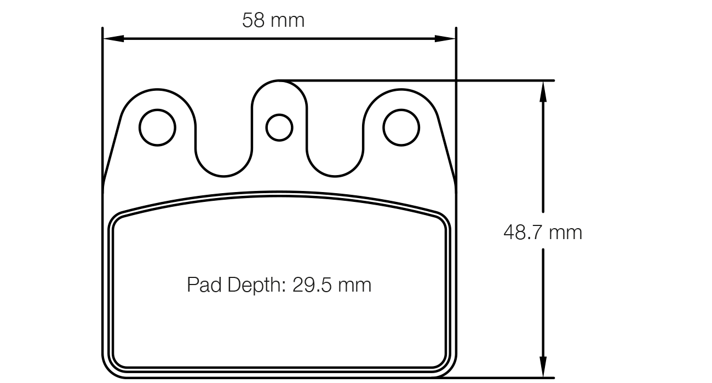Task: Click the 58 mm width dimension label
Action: (x=273, y=21)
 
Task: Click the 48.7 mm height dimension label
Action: (x=542, y=233)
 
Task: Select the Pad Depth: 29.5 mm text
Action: (x=279, y=285)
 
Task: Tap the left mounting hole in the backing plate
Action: (x=158, y=127)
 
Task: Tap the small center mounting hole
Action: (x=279, y=127)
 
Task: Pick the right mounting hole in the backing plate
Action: (x=401, y=127)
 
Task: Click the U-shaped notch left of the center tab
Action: (x=223, y=164)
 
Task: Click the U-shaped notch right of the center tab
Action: (x=335, y=164)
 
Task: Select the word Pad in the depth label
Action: (x=202, y=285)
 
